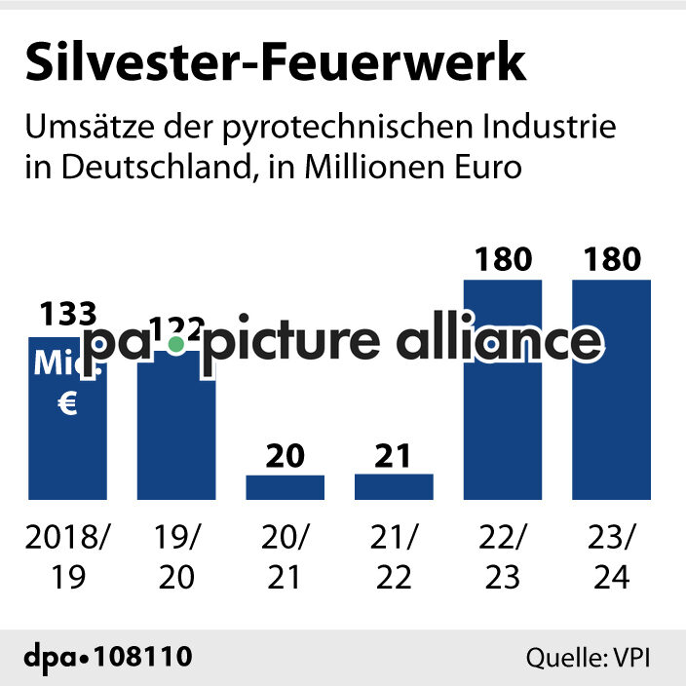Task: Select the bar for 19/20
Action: click(x=176, y=429)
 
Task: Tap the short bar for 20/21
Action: click(x=285, y=487)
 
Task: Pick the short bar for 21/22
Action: click(x=394, y=487)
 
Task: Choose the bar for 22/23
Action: click(x=503, y=409)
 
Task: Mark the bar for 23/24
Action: click(x=611, y=409)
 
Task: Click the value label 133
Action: click(x=68, y=314)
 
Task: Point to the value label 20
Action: click(x=285, y=455)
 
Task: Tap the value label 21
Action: click(x=394, y=455)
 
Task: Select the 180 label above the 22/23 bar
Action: click(x=503, y=260)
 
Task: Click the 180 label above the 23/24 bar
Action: click(x=611, y=260)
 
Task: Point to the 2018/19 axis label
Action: click(x=67, y=556)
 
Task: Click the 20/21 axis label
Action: click(x=285, y=556)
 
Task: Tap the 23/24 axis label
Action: click(x=611, y=556)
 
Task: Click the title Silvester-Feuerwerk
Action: click(x=276, y=63)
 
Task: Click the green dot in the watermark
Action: click(x=175, y=344)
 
